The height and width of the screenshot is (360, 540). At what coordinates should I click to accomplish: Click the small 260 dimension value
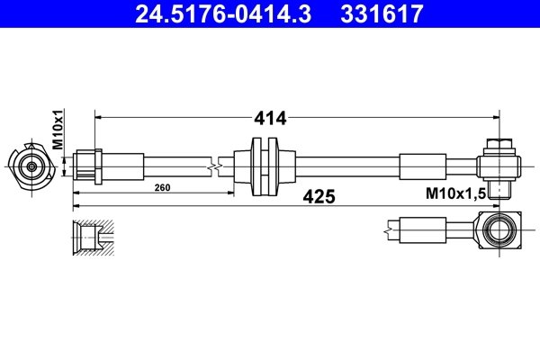pos(162,188)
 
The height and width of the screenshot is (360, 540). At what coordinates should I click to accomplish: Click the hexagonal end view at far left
pos(31,166)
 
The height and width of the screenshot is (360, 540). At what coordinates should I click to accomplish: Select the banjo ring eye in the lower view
pos(498,229)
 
